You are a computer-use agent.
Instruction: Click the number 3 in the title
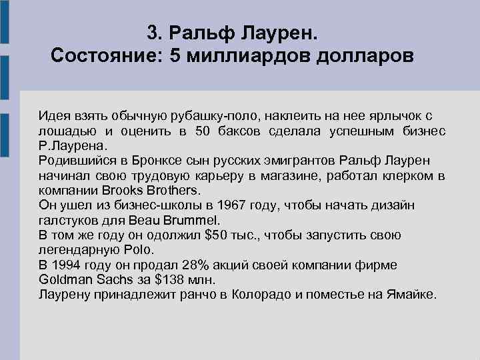pos(152,32)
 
